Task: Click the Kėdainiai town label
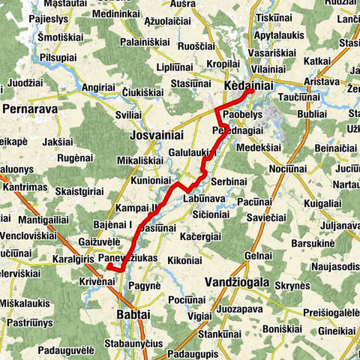247,87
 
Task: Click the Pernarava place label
31,109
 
